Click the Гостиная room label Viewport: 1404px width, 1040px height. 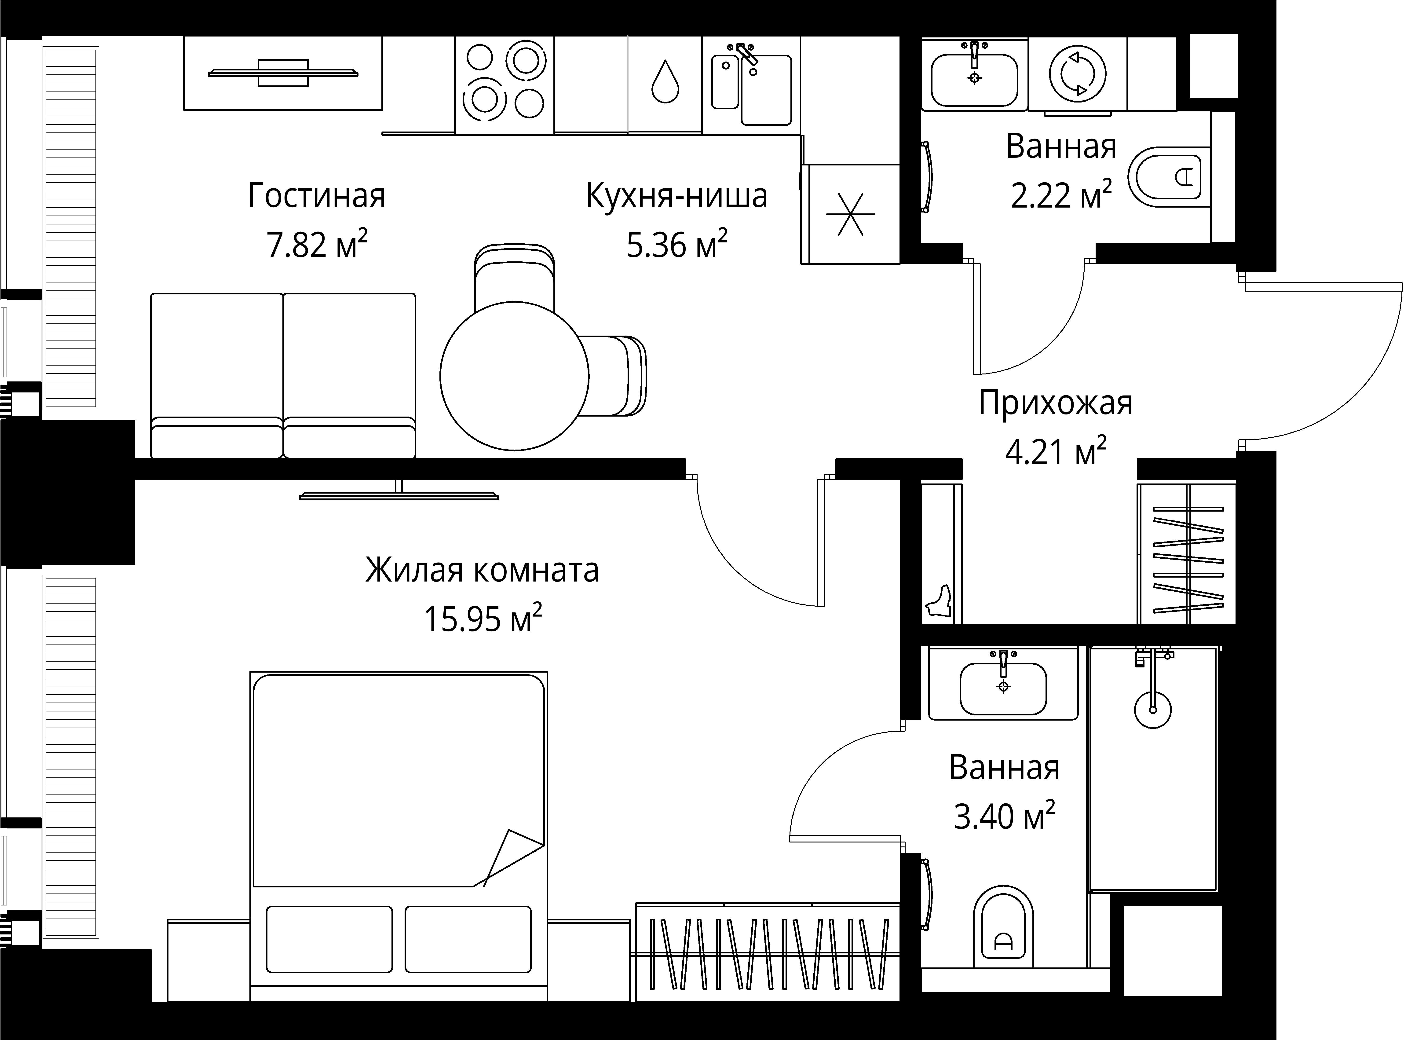click(x=317, y=196)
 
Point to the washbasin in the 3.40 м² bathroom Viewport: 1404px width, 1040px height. click(x=1003, y=688)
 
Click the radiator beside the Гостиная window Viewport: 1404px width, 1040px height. click(x=71, y=227)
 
